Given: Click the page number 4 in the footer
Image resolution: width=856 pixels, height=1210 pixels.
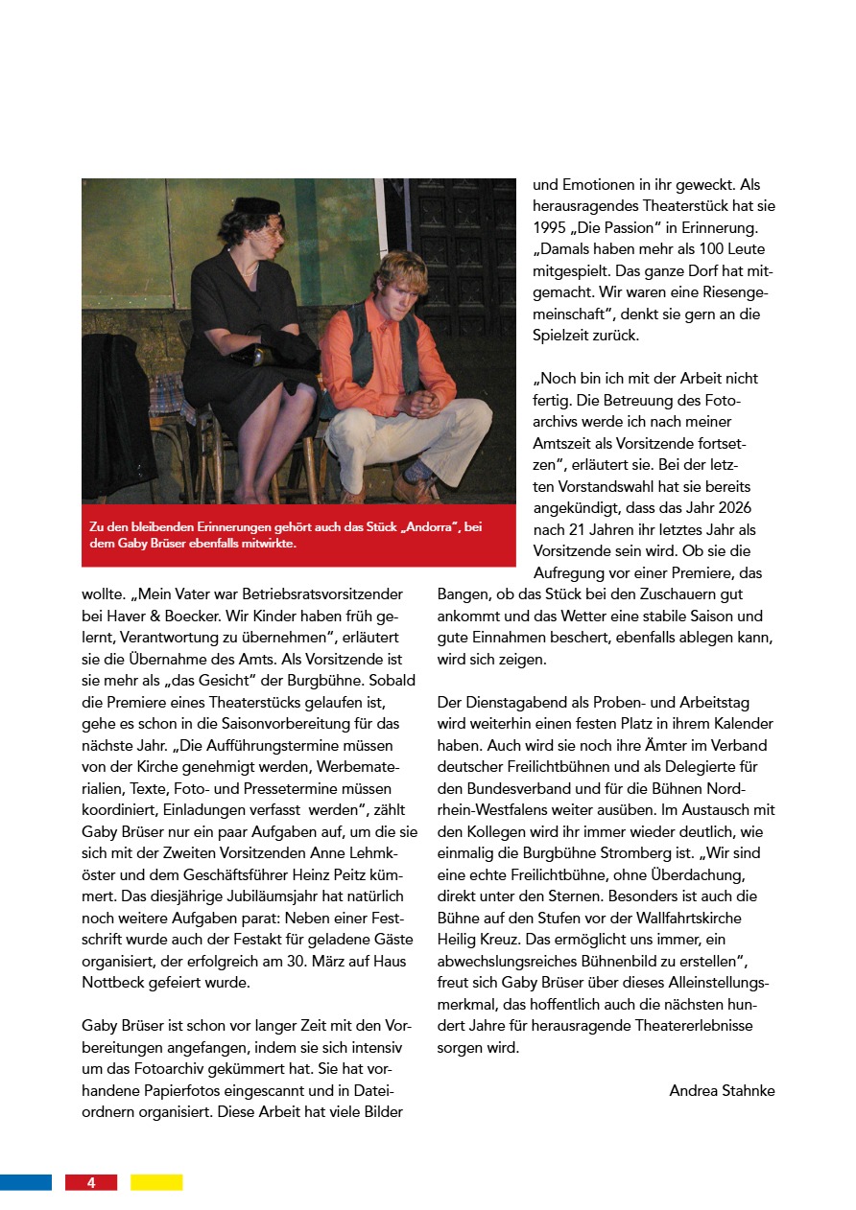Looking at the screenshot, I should [91, 1183].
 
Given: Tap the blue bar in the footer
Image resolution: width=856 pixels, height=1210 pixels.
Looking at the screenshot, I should [25, 1183].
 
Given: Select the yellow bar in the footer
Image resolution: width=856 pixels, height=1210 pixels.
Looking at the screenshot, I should [156, 1183].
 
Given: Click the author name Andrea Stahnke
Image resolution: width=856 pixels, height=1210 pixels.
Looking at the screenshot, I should [722, 1090].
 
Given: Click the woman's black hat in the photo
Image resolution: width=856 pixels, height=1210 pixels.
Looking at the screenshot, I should [256, 206].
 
